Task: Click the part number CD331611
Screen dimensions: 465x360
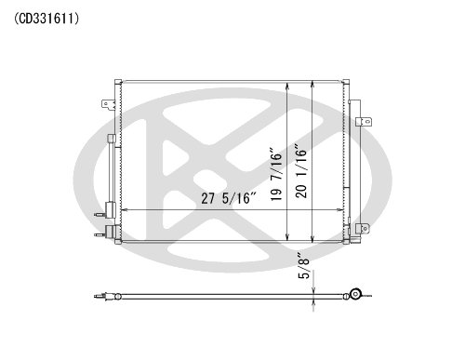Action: coord(46,19)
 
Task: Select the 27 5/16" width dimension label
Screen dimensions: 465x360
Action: coord(229,198)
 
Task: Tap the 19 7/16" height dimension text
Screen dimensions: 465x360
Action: coord(276,174)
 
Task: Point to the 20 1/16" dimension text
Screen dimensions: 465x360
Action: coord(301,170)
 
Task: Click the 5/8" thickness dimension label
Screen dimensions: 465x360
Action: coord(304,266)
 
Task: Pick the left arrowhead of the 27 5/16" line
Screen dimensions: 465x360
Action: coord(124,210)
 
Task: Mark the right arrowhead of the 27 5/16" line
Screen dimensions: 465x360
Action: coord(339,210)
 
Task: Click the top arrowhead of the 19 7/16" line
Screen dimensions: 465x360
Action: coord(288,86)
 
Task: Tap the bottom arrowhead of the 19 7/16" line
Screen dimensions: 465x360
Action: coord(288,237)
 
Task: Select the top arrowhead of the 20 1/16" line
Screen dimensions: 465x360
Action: coord(312,85)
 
